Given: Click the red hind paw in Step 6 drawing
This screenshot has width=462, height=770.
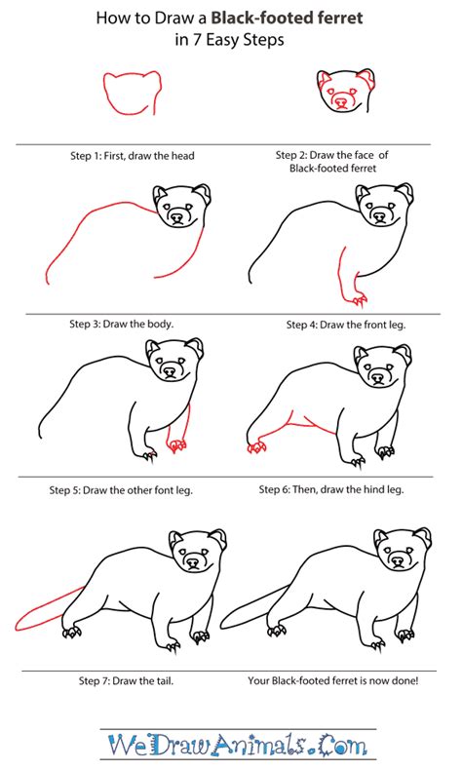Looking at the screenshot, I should [x=258, y=446].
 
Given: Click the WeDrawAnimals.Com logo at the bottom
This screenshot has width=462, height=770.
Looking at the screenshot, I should [x=230, y=744].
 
